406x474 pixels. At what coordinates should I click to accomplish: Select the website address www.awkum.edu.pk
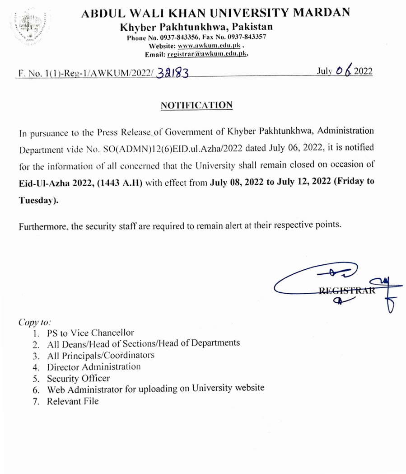[x=211, y=46]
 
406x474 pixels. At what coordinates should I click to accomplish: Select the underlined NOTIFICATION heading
[x=197, y=105]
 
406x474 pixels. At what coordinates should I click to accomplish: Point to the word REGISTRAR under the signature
[x=347, y=291]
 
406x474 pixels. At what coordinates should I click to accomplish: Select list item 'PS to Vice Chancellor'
[x=90, y=333]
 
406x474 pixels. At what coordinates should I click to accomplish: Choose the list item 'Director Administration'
[x=93, y=367]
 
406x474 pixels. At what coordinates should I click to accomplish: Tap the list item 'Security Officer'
[x=78, y=378]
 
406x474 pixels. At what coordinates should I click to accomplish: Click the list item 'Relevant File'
[x=72, y=401]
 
